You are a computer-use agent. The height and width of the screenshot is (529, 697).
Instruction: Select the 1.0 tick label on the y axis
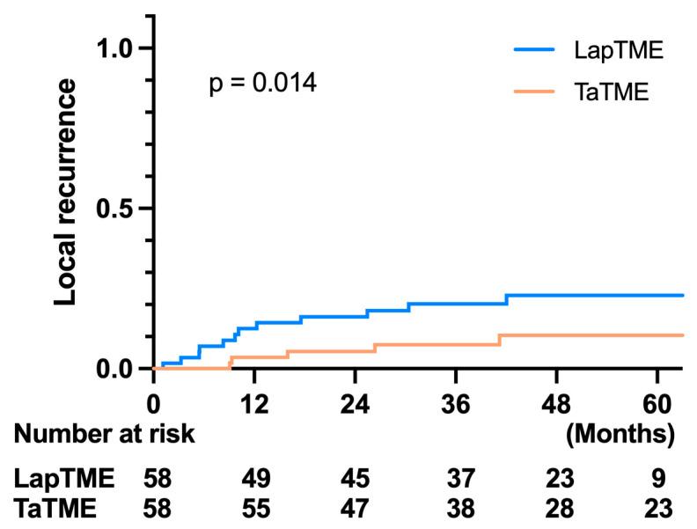click(x=114, y=48)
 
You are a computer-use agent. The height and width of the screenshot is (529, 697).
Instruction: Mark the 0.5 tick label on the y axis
click(x=114, y=209)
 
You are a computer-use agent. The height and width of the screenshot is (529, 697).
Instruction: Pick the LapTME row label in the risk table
click(x=64, y=479)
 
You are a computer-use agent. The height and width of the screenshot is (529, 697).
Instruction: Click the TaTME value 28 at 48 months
click(x=561, y=508)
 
